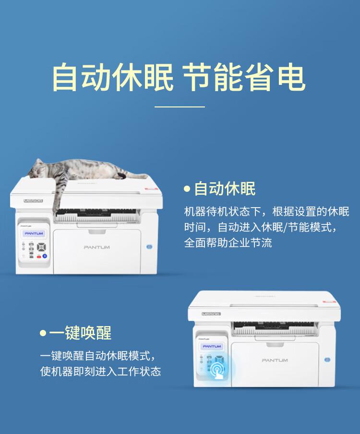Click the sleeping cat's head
click(39, 169)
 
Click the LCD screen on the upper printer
click(33, 233)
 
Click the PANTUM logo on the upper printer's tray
click(96, 247)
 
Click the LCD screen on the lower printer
click(211, 346)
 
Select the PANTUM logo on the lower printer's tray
click(275, 360)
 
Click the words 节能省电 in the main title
click(244, 79)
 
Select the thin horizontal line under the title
click(180, 106)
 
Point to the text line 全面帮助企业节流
click(228, 243)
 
